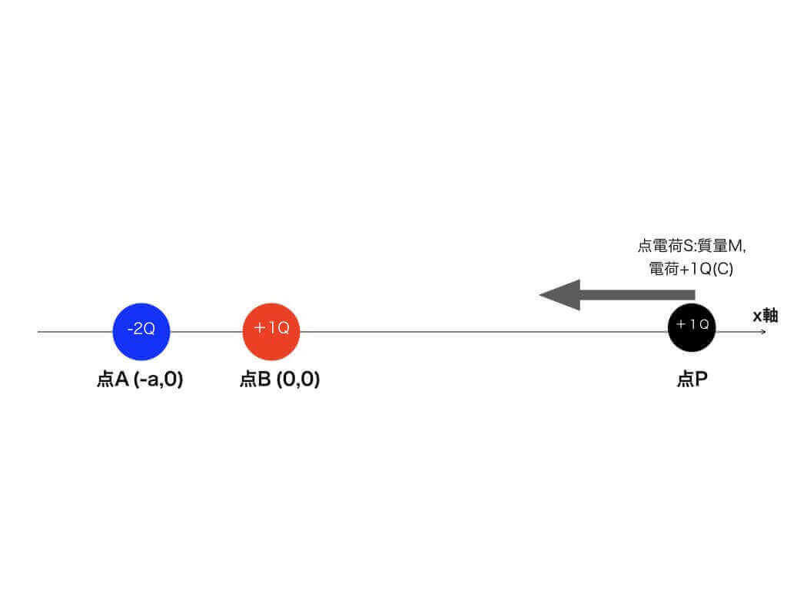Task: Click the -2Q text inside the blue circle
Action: tap(141, 329)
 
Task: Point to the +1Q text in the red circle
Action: tap(271, 328)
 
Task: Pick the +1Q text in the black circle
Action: tap(692, 324)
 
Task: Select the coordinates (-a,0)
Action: tap(158, 380)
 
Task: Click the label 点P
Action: tap(692, 380)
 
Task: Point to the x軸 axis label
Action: tap(765, 315)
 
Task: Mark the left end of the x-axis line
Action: tap(39, 332)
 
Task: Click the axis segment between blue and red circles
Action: tap(206, 332)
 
